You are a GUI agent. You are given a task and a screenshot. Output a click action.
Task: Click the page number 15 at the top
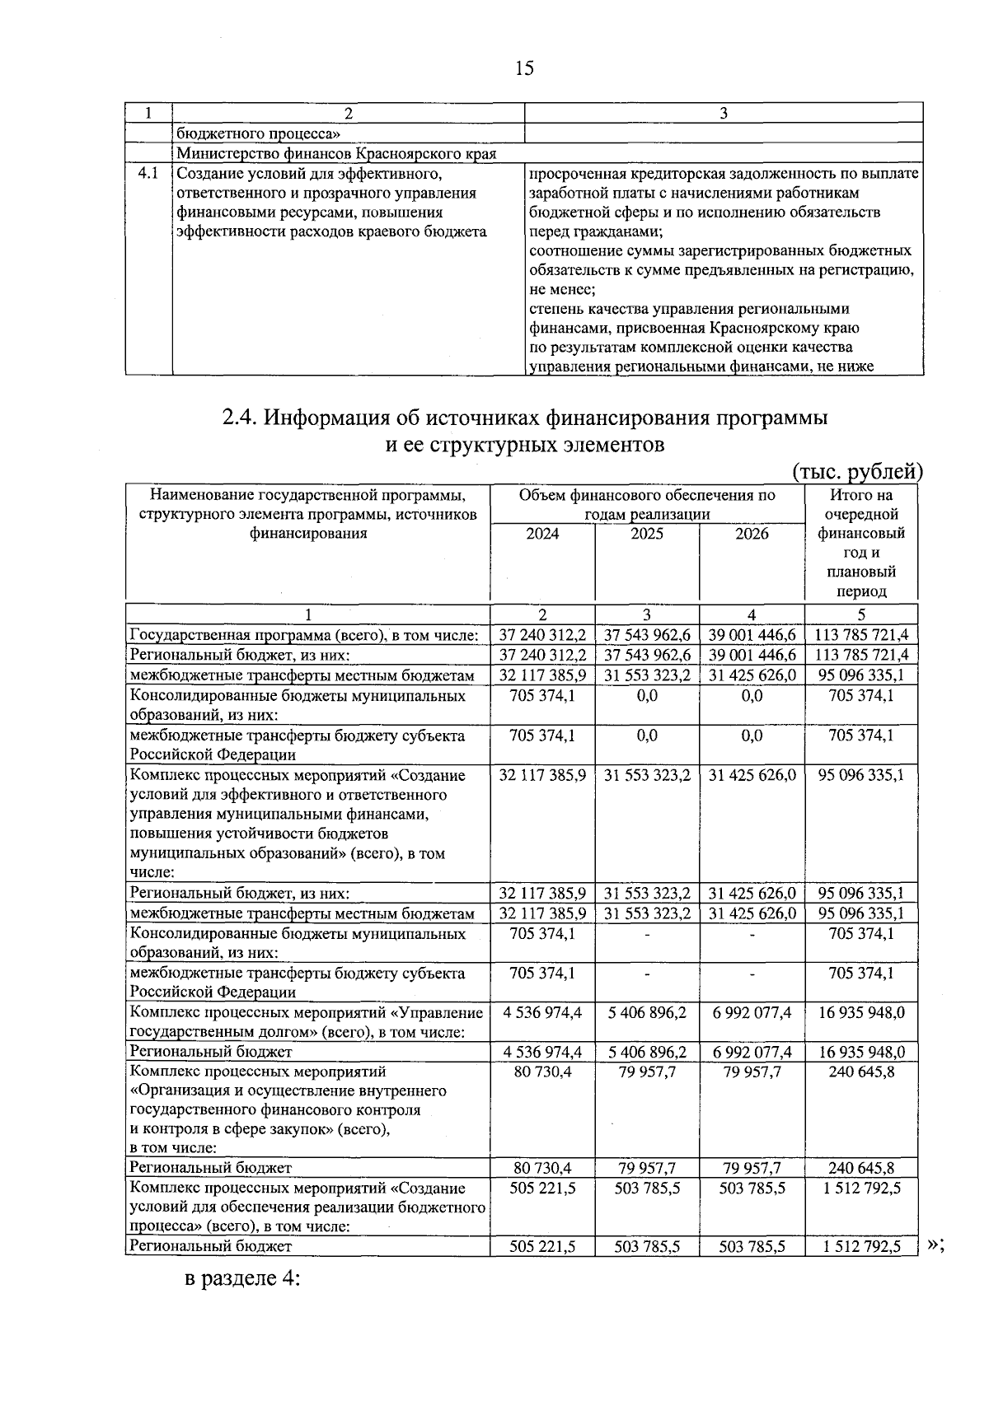[524, 68]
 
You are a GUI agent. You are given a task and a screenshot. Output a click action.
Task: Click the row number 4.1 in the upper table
[148, 174]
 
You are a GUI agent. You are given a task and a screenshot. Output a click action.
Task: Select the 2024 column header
[542, 534]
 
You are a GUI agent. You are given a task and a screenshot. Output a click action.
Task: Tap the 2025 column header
[647, 534]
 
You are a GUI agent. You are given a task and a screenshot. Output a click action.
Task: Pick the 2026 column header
[752, 534]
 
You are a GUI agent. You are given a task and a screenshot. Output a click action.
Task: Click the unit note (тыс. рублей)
[857, 471]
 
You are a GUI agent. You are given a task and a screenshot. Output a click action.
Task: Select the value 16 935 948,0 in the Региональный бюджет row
[861, 1052]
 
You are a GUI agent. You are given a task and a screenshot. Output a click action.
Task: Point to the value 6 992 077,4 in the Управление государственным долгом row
[752, 1012]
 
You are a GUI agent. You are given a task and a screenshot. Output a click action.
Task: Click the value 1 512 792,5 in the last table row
[861, 1247]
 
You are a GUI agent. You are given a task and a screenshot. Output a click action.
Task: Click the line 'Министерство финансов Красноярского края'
[336, 153]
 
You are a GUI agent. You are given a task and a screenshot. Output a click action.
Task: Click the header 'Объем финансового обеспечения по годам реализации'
[647, 504]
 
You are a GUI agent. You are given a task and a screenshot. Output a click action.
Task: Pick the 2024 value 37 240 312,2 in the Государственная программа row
[542, 635]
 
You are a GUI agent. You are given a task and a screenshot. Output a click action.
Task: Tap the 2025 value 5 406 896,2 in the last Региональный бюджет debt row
[647, 1052]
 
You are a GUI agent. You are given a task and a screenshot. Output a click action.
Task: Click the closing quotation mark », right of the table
[935, 1245]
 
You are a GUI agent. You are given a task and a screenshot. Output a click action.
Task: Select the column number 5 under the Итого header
[861, 614]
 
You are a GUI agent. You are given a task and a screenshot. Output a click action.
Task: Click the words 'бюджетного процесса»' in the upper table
[259, 133]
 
